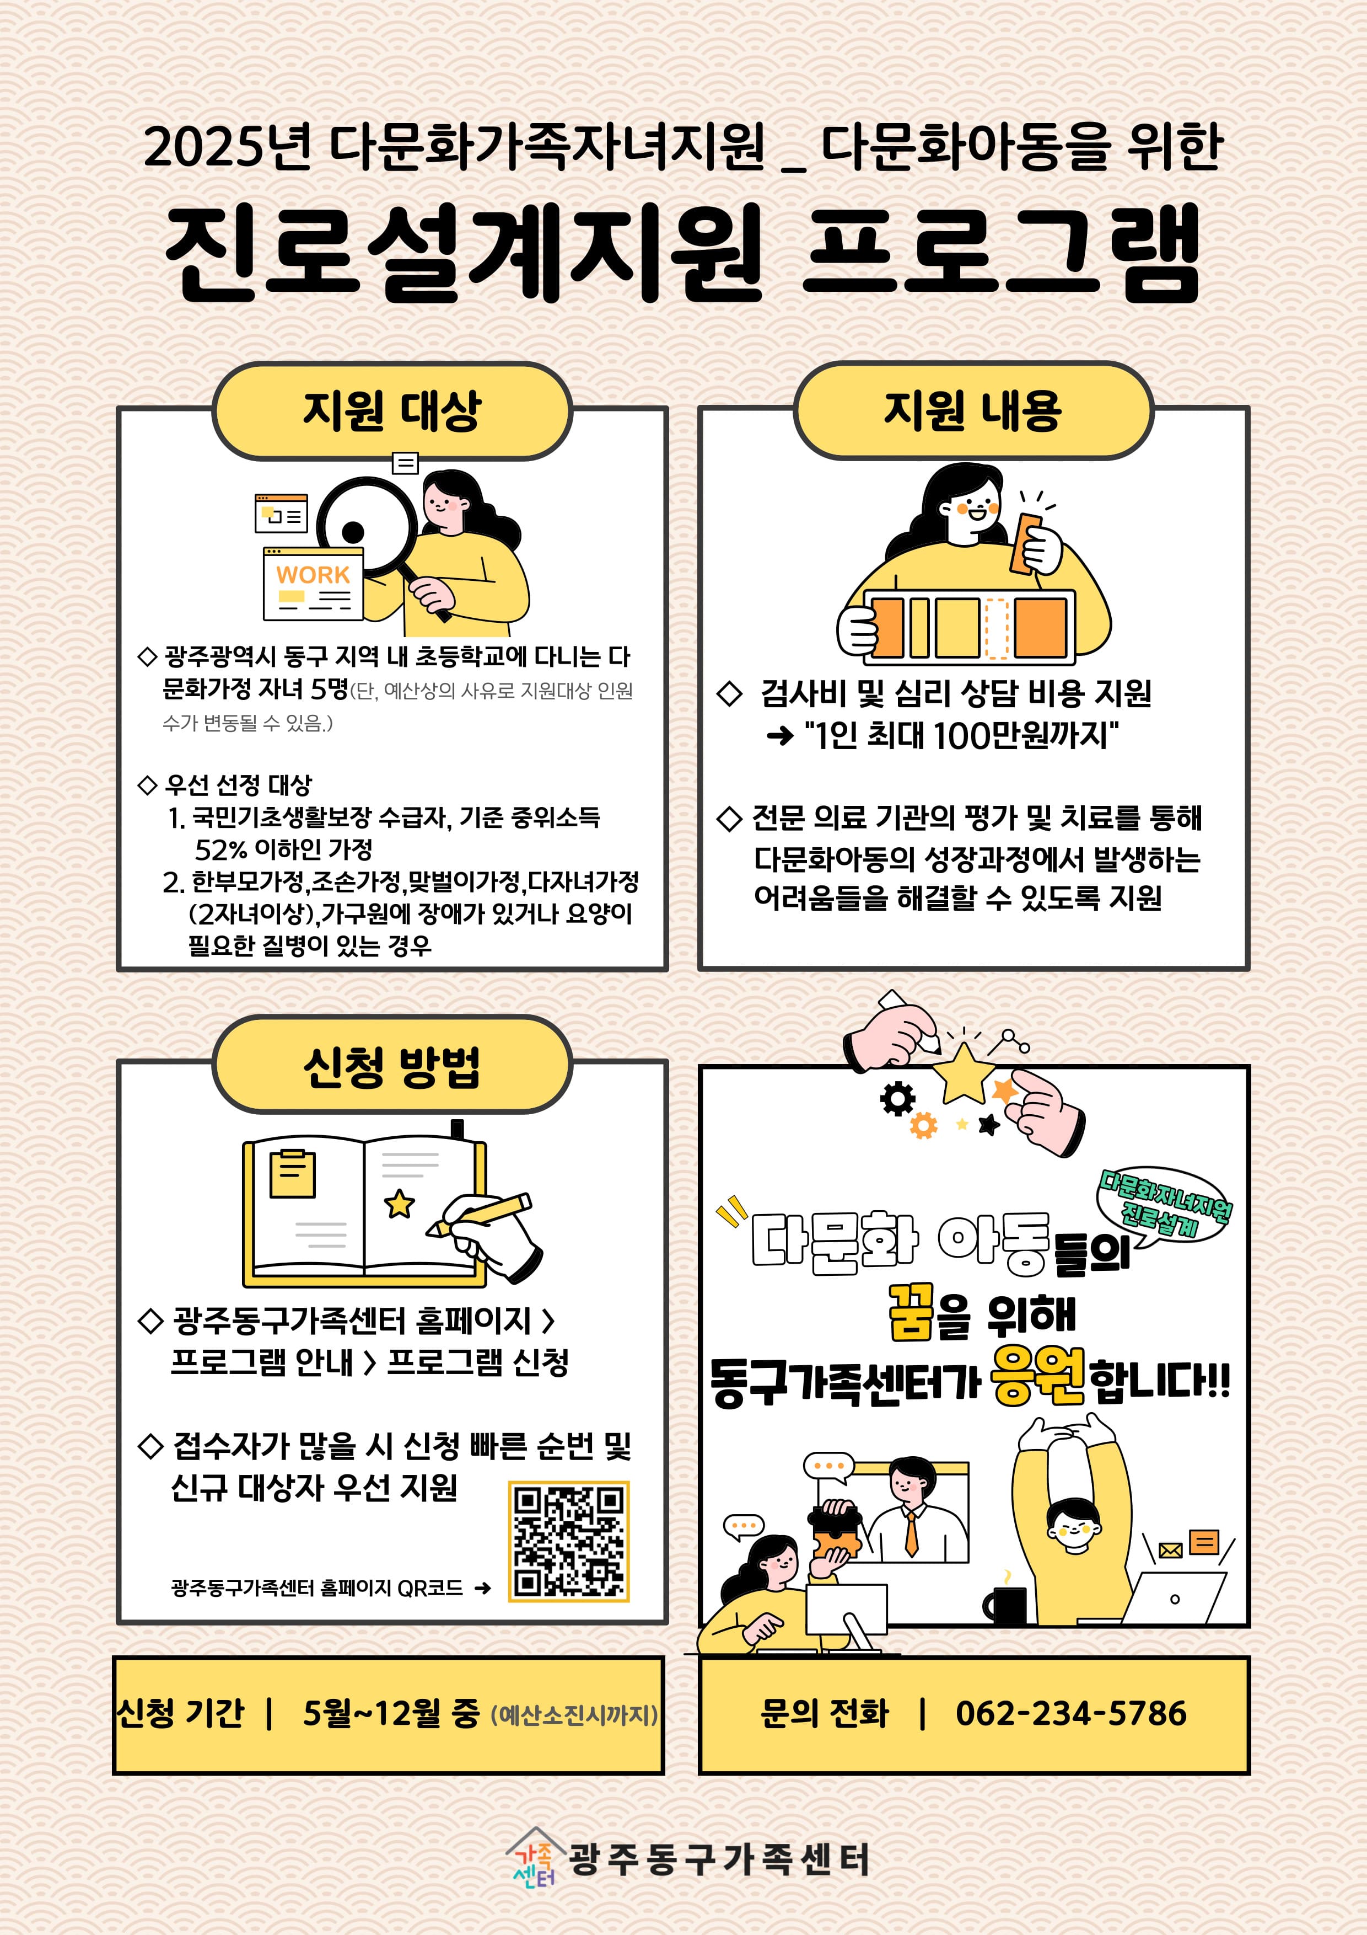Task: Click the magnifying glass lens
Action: (x=367, y=527)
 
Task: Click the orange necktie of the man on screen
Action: (x=911, y=1534)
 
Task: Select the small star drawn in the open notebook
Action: (x=399, y=1204)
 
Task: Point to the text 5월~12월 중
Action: (x=391, y=1713)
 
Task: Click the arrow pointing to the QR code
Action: (x=483, y=1589)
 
